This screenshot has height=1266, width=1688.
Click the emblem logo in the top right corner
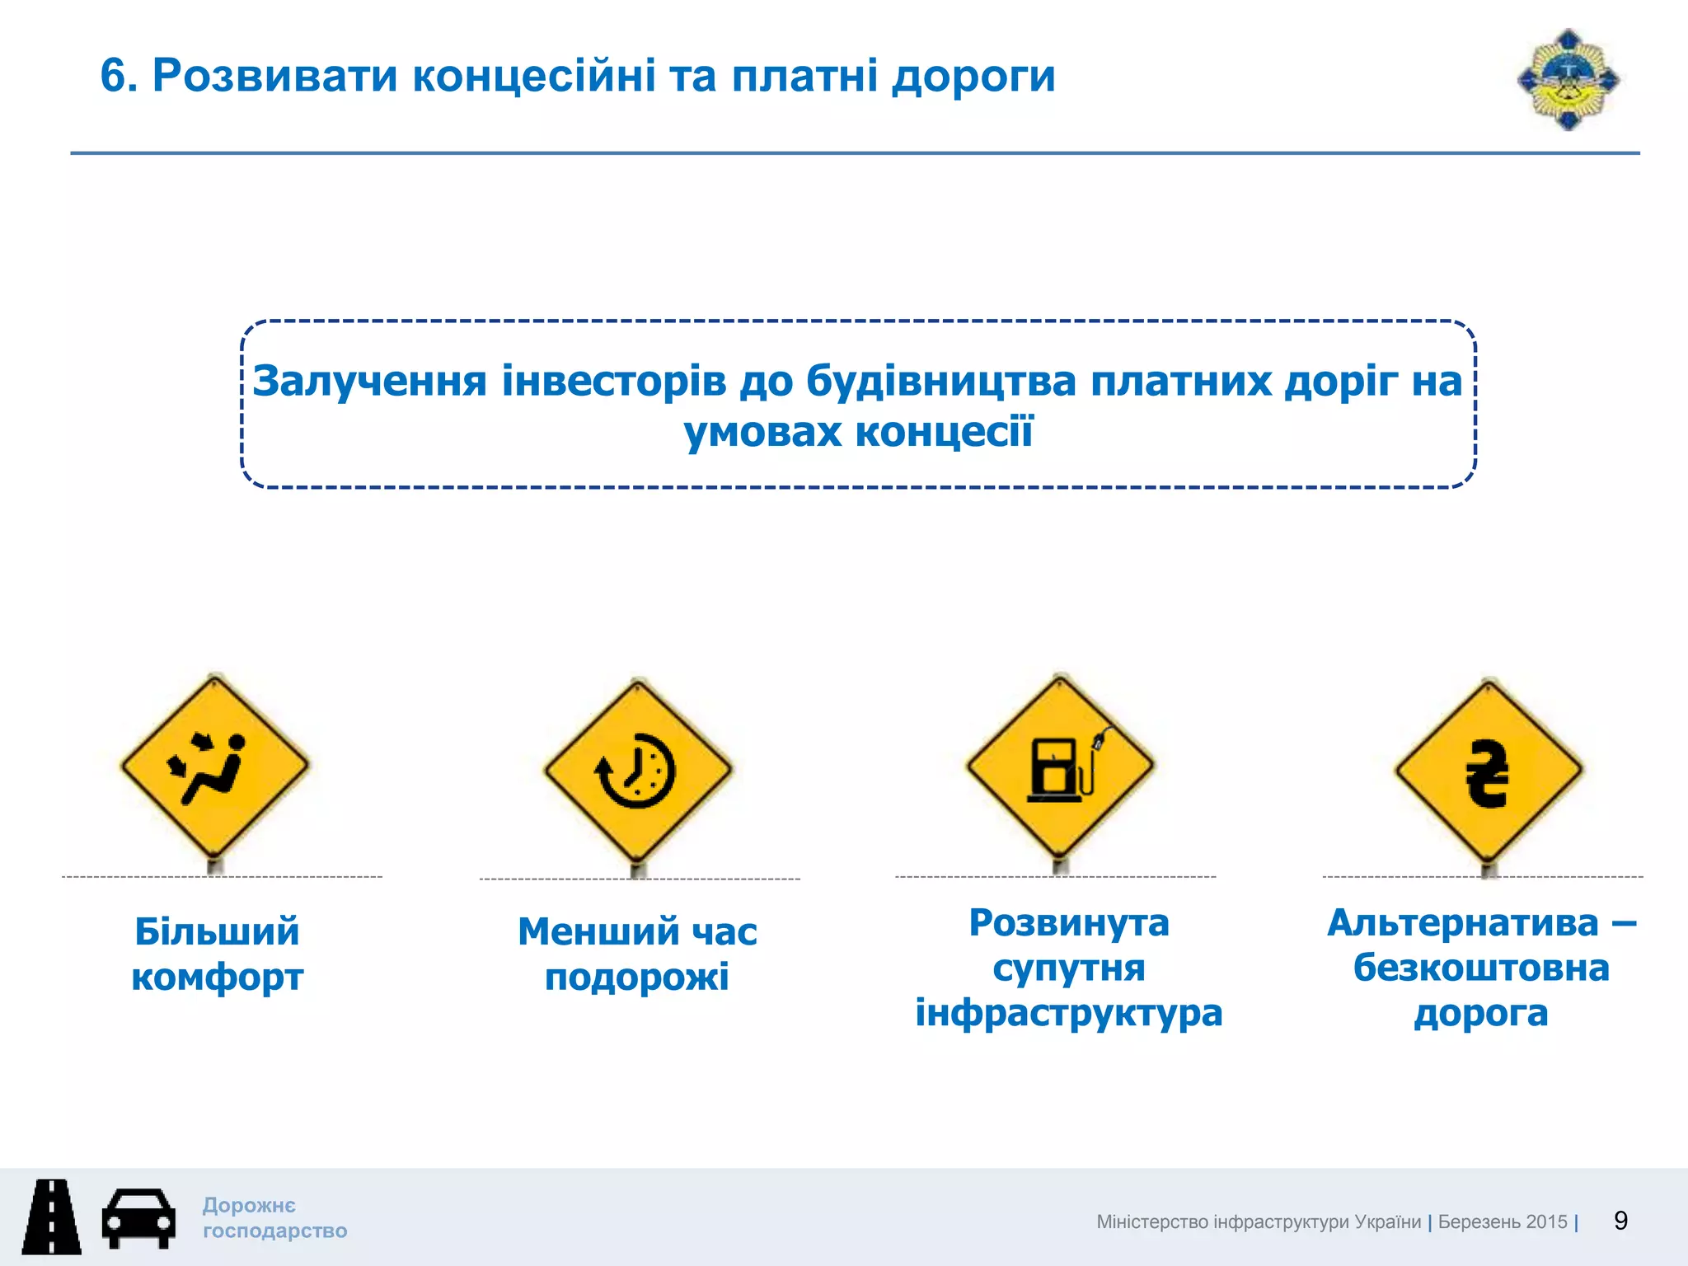1568,80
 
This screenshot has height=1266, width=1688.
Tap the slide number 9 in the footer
1620,1221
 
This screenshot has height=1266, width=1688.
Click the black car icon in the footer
138,1217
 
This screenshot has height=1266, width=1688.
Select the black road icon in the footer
52,1217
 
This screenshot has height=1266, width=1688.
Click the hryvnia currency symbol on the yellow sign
1488,772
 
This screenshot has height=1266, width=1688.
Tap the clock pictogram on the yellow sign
635,770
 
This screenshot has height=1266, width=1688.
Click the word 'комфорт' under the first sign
218,978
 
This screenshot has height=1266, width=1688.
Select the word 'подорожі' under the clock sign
637,978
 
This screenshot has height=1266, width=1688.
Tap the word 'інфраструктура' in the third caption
1069,1013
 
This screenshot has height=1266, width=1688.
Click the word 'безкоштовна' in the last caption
1481,968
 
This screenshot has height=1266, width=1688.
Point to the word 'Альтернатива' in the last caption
1463,923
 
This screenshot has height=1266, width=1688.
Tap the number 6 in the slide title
114,76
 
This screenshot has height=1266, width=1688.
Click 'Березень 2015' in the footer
1503,1221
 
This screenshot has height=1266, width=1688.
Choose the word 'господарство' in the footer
275,1231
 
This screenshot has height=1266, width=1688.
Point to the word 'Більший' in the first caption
217,932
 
